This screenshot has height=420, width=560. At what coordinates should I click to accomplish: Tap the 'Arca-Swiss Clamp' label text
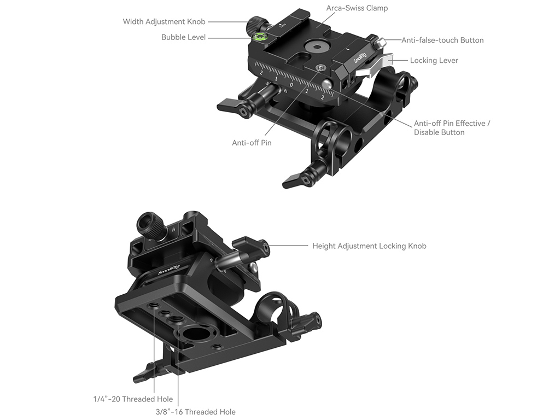357,8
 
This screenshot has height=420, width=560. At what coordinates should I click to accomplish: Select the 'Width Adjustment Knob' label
164,21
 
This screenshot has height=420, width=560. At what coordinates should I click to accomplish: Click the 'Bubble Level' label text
183,37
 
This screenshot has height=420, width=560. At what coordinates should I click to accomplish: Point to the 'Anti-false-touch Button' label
442,40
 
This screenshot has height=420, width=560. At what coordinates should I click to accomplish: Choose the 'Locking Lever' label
434,60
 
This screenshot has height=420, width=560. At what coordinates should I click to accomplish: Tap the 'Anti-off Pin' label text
252,143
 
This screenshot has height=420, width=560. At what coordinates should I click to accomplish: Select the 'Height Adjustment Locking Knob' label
369,246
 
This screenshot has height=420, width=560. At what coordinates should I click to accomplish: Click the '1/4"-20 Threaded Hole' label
133,399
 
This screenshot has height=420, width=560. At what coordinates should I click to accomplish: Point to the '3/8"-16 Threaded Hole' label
195,412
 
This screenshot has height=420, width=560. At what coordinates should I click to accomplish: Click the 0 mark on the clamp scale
291,85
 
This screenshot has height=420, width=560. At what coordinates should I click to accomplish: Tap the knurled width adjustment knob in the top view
255,24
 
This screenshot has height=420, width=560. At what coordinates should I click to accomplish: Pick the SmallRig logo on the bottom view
169,270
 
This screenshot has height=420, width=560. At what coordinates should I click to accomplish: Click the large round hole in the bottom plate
192,336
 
